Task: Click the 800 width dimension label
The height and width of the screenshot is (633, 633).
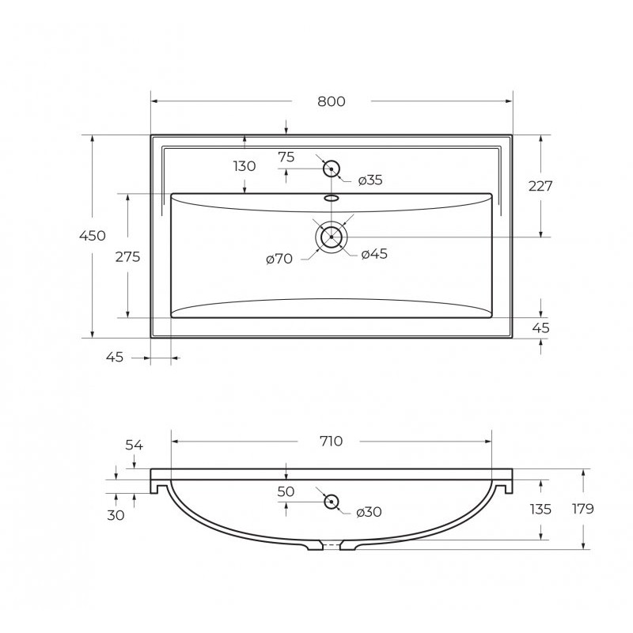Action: click(331, 101)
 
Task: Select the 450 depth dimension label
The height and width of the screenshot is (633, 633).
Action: click(93, 235)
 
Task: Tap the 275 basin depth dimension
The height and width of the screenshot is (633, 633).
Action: click(127, 256)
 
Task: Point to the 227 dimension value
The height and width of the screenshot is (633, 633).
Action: click(540, 186)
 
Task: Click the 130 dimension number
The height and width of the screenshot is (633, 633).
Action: click(244, 166)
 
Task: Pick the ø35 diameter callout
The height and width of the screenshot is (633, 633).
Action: click(370, 180)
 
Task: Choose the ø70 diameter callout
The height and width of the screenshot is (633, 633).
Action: click(279, 259)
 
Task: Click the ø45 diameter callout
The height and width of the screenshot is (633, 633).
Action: click(374, 254)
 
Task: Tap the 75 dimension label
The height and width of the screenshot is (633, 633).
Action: click(286, 157)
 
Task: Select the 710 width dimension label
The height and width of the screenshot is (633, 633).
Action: click(331, 442)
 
